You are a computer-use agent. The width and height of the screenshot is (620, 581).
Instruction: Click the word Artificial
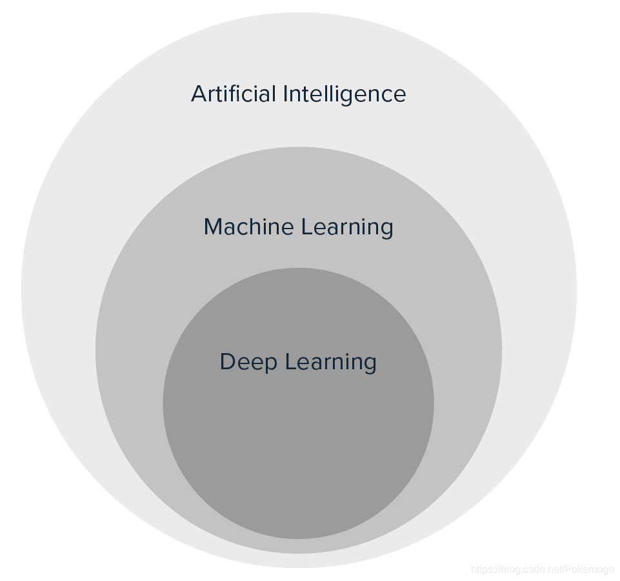click(x=234, y=94)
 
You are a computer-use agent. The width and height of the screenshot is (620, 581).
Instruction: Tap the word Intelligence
click(x=345, y=95)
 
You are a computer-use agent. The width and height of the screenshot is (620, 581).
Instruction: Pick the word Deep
click(x=248, y=362)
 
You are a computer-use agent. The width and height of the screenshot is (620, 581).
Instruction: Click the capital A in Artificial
click(x=199, y=94)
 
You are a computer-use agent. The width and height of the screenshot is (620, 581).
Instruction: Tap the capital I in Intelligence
click(x=286, y=94)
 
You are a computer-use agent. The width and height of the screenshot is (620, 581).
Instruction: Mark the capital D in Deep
click(x=227, y=362)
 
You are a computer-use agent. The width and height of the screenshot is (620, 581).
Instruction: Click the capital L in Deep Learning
click(x=289, y=362)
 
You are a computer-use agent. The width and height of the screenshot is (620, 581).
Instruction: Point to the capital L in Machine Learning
click(x=306, y=227)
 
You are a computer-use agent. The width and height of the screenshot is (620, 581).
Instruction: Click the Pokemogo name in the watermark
click(x=590, y=569)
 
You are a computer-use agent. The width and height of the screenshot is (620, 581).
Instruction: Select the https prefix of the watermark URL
click(x=483, y=569)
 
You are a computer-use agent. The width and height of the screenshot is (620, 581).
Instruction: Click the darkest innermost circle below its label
click(x=298, y=452)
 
